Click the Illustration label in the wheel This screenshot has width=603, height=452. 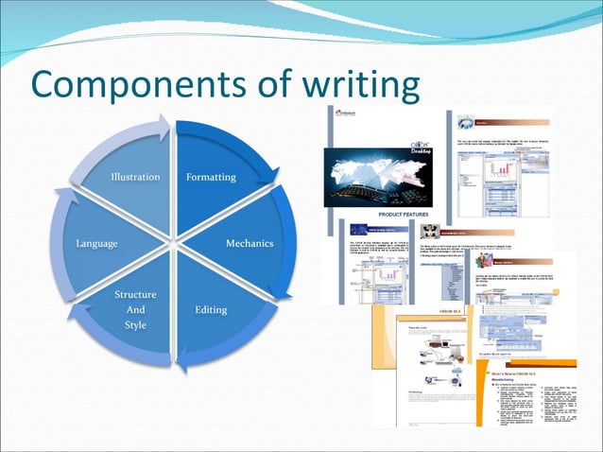click(135, 177)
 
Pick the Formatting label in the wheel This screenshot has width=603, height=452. click(211, 177)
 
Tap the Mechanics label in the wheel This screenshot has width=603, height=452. click(249, 243)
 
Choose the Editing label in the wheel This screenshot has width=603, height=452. click(211, 309)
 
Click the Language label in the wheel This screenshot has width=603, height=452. click(96, 243)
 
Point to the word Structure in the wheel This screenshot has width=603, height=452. click(135, 295)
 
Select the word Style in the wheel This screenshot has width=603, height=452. click(135, 325)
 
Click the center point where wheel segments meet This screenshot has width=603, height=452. click(174, 243)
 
